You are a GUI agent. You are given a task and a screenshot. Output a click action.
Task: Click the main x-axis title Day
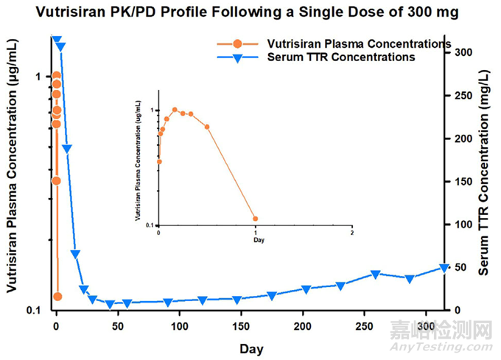(250, 347)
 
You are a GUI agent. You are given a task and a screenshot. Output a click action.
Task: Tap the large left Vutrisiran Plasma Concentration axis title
(13, 177)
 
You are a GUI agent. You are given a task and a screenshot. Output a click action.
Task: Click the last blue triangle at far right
(444, 268)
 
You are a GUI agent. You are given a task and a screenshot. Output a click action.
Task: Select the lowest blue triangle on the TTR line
(110, 304)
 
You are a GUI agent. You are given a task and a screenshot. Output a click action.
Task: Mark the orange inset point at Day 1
(256, 219)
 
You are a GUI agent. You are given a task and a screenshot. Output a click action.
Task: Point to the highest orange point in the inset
(175, 110)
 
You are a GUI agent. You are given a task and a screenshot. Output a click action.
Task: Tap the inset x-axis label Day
(257, 240)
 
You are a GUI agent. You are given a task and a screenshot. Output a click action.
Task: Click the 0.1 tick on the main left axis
(35, 310)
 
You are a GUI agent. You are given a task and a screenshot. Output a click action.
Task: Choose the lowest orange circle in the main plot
(57, 297)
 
